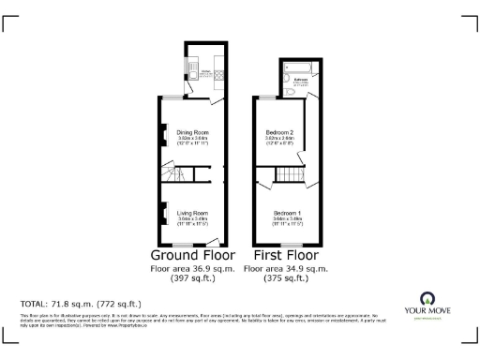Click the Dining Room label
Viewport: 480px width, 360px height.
click(x=191, y=132)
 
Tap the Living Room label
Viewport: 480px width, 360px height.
click(x=191, y=213)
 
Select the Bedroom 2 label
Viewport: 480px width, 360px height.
click(x=279, y=132)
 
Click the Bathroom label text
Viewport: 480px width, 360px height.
click(x=302, y=81)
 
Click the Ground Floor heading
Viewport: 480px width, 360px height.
click(x=191, y=255)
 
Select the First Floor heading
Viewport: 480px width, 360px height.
click(x=286, y=255)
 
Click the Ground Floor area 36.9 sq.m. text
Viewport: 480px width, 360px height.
click(x=191, y=268)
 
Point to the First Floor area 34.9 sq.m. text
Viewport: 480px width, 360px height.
click(x=286, y=268)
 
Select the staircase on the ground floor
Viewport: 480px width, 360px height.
click(x=192, y=174)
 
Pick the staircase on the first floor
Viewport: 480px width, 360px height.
click(x=290, y=175)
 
